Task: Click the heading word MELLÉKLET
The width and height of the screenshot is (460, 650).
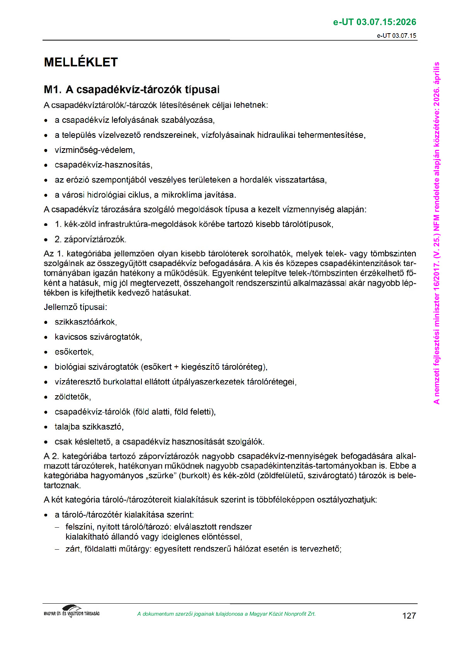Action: [81, 62]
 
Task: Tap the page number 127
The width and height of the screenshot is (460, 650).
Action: [409, 616]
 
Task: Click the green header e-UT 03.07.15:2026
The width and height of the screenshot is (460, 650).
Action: [374, 22]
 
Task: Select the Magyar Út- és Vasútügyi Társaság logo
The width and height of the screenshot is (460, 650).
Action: [72, 611]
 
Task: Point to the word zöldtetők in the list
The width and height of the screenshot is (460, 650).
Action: [72, 397]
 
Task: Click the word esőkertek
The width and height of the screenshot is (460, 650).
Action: [73, 352]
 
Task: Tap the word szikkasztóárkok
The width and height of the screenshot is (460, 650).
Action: [85, 322]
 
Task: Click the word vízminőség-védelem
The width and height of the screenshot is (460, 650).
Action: [94, 150]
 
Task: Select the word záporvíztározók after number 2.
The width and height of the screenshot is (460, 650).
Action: [95, 239]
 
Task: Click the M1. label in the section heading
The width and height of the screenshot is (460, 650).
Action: [53, 90]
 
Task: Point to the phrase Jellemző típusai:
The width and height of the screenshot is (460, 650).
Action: [75, 307]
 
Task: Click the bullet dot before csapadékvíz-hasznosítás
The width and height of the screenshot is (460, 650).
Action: [46, 165]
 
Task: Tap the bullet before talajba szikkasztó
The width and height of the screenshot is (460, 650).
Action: [46, 427]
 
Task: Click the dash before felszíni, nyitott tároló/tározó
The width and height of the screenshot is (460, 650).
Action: [57, 527]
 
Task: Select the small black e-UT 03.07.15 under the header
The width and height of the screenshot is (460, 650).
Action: [397, 36]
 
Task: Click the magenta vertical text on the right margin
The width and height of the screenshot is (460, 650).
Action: [436, 232]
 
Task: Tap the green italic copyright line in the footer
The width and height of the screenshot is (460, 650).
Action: [226, 614]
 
